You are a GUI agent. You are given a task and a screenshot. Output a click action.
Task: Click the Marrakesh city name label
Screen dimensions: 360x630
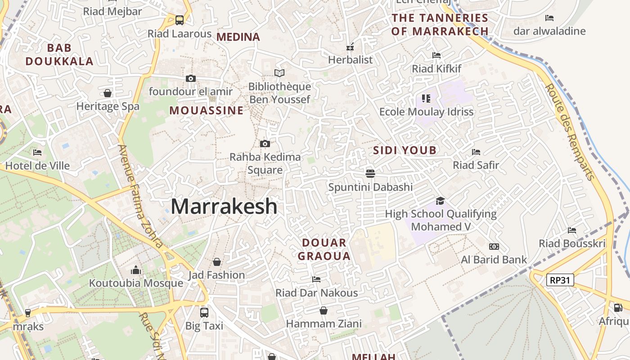[224, 207]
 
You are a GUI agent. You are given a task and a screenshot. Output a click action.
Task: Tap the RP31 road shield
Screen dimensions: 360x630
[560, 280]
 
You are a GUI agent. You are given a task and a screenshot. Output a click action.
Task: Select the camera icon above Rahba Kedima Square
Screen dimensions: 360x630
[265, 144]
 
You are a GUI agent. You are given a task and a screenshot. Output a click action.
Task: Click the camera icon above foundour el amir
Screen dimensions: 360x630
[191, 78]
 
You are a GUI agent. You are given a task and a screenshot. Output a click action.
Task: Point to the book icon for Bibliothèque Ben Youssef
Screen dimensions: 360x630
[279, 73]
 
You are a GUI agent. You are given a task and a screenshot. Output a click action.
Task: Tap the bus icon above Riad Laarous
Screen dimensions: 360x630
[180, 20]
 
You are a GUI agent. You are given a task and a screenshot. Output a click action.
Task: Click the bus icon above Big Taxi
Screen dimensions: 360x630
[204, 312]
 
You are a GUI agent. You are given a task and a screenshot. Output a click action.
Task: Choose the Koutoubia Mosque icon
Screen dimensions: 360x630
[135, 270]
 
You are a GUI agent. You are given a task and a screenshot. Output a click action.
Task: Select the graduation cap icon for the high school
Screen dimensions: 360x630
[440, 201]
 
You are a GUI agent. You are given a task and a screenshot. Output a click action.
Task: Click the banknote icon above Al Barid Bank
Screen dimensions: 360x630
[494, 247]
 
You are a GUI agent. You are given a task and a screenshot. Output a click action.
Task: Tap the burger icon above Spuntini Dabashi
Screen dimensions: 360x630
[370, 173]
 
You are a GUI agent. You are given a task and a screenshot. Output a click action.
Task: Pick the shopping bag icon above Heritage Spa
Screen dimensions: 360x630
[108, 93]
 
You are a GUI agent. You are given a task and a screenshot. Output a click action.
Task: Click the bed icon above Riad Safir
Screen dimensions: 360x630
[476, 152]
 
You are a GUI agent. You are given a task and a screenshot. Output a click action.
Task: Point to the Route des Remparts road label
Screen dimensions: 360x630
[570, 131]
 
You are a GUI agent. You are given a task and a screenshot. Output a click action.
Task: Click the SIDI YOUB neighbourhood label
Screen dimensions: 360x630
[405, 151]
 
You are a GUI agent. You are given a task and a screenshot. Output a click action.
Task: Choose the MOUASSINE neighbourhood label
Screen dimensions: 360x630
[207, 111]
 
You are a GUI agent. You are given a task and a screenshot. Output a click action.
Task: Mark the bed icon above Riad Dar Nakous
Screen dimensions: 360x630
[316, 279]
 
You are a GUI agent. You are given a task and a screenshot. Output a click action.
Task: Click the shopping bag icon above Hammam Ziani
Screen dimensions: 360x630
[323, 310]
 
